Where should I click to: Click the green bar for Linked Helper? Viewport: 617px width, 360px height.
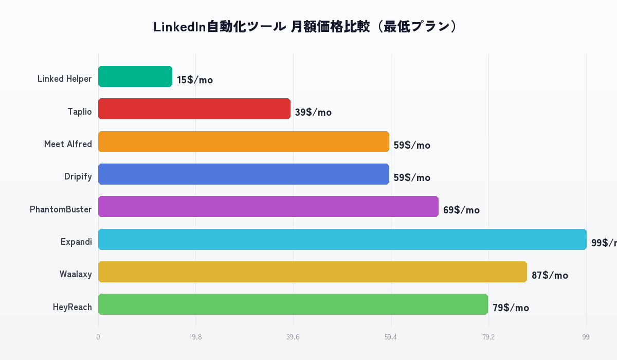(x=135, y=77)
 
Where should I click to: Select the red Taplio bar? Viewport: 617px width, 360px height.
(x=194, y=109)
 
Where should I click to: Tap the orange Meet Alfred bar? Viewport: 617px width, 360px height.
(x=244, y=141)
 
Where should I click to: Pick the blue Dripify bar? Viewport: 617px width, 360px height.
(x=244, y=174)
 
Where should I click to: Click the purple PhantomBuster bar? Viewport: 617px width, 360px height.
(x=268, y=207)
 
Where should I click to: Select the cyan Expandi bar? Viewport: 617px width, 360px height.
(x=342, y=239)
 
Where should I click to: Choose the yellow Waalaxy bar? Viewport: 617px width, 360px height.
(x=313, y=272)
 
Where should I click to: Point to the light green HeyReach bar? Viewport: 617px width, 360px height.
(x=293, y=304)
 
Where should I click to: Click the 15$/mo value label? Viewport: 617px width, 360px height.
(x=195, y=80)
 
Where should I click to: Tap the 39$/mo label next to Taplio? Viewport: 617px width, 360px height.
(x=313, y=113)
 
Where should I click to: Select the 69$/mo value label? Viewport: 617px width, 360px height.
(x=461, y=210)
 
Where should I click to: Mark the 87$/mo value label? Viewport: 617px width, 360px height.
(x=550, y=276)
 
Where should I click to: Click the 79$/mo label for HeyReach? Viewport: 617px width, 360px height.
(x=511, y=308)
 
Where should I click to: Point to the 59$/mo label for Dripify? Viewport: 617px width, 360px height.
(x=412, y=178)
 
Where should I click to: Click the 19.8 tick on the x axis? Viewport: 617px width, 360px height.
(x=195, y=337)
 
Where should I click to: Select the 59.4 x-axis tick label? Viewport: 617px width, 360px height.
(x=391, y=337)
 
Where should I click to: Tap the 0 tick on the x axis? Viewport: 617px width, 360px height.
(x=98, y=337)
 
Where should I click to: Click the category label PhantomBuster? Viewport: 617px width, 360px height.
(x=61, y=209)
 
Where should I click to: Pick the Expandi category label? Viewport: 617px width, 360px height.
(x=76, y=242)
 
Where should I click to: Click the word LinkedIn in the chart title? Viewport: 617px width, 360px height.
(x=179, y=27)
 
